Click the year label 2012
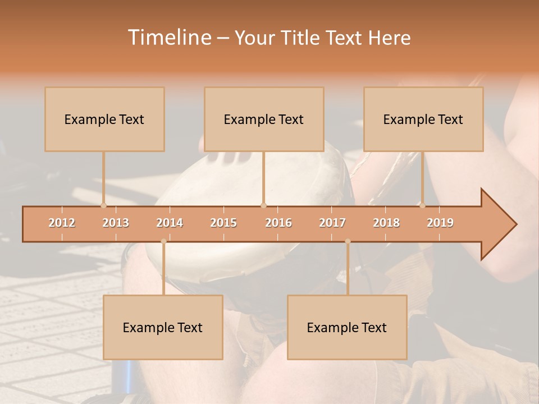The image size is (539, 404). click(62, 223)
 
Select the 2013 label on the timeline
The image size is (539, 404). click(116, 223)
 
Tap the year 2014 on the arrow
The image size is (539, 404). click(170, 223)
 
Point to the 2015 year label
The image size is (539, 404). click(223, 223)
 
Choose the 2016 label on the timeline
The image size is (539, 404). click(278, 223)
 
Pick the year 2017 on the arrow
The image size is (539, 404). click(332, 223)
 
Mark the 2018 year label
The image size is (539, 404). click(386, 223)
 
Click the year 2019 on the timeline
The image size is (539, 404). click(440, 223)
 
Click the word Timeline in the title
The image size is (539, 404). click(168, 38)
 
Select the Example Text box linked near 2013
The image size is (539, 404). click(104, 119)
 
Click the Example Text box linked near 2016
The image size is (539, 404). click(264, 119)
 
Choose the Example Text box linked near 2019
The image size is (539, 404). click(423, 119)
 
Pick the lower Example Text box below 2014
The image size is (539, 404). click(163, 327)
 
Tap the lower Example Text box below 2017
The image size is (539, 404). click(347, 327)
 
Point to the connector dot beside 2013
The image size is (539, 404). click(103, 205)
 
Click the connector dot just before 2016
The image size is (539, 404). click(263, 205)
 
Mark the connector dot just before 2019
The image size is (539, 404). click(422, 205)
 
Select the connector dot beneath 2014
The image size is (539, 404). click(163, 242)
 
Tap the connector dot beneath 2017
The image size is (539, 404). click(348, 242)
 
